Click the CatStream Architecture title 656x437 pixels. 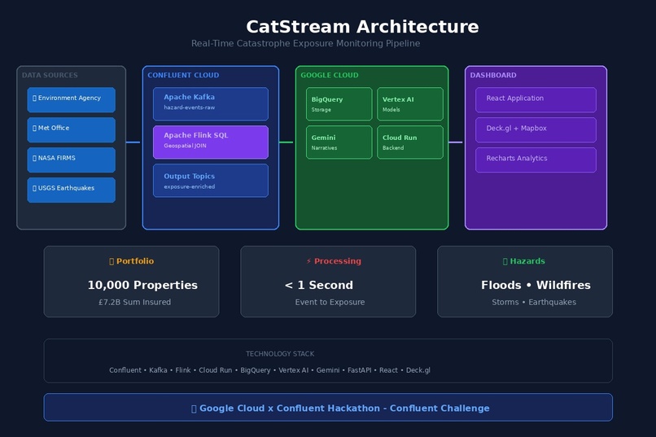point(362,27)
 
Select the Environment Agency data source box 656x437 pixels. point(71,99)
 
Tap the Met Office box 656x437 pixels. point(71,129)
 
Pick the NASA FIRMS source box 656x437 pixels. point(71,160)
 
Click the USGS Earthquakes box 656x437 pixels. point(71,190)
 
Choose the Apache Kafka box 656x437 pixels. point(210,103)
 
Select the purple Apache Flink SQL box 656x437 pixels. point(210,142)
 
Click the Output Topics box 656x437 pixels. point(210,180)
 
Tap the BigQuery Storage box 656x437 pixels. point(339,103)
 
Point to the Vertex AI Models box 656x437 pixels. point(409,103)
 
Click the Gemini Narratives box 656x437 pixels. point(339,142)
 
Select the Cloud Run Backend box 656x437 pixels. point(409,142)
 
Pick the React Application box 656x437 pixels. point(536,99)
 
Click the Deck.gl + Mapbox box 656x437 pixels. point(536,129)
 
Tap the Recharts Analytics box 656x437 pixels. point(536,160)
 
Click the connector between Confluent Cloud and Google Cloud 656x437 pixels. point(286,142)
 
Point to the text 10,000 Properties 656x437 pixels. point(142,285)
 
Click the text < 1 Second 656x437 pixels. point(318,285)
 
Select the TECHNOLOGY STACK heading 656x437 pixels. point(280,354)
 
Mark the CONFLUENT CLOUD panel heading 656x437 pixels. point(183,76)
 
